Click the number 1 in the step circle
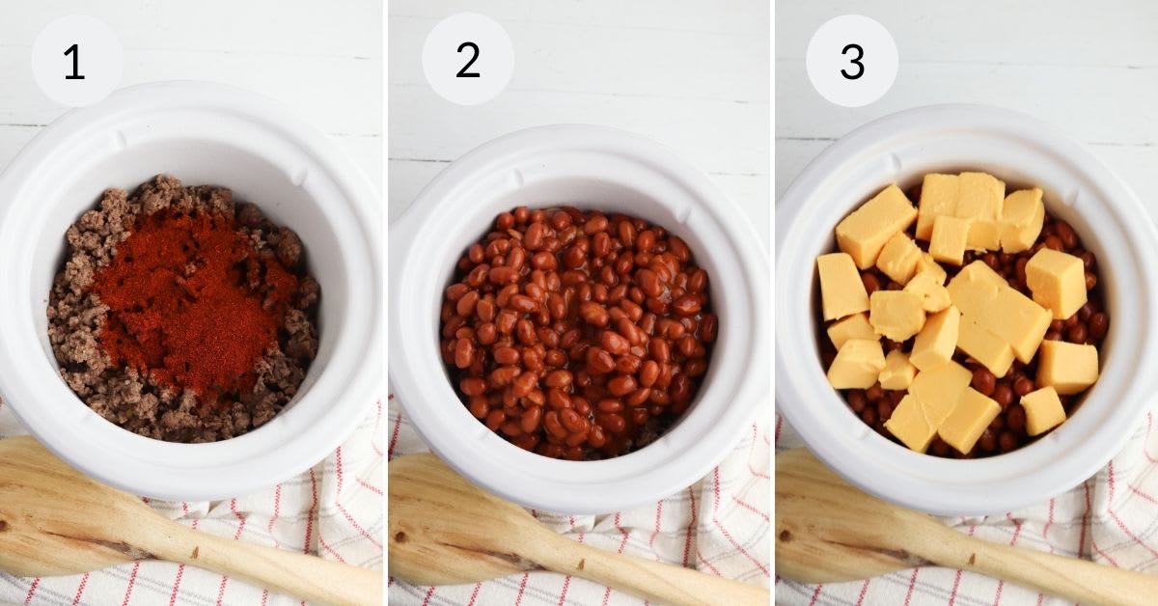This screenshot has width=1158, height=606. click(x=74, y=62)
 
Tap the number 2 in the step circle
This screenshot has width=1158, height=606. click(x=468, y=61)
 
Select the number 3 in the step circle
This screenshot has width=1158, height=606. click(x=852, y=61)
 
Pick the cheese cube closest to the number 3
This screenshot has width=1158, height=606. click(x=873, y=225)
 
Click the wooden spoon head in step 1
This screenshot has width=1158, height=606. click(x=58, y=502)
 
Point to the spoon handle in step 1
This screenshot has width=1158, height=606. click(x=270, y=565)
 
